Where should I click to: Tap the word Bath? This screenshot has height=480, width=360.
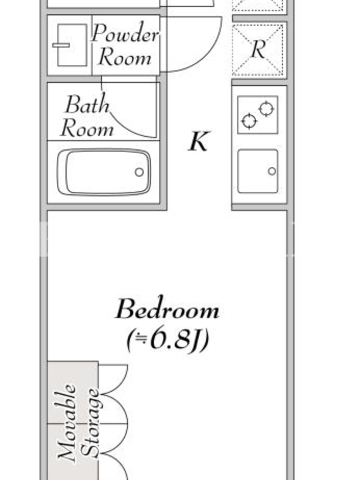88,104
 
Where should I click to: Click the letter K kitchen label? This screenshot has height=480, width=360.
199,141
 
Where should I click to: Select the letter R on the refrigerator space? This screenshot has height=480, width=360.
258,49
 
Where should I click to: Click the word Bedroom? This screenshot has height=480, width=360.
167,309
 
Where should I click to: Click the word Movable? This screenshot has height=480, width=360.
67,423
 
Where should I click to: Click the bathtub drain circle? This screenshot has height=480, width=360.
139,172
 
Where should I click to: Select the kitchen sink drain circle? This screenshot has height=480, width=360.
272,172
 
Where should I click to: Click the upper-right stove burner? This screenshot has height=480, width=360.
266,109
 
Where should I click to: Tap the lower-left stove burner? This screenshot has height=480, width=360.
249,121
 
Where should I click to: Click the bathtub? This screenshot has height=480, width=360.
104,172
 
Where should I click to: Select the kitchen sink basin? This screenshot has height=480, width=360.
258,172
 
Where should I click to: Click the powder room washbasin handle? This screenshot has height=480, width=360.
61,46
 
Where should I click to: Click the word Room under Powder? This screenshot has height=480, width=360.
125,57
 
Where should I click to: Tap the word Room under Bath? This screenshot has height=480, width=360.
87,128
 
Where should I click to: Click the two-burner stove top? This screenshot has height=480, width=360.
258,115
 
